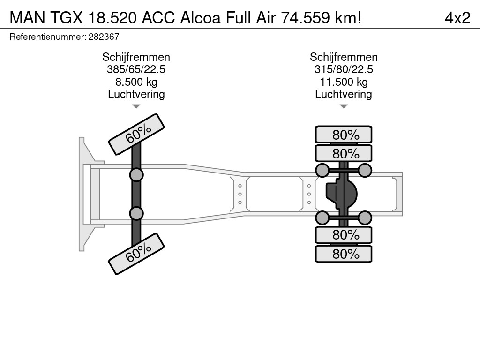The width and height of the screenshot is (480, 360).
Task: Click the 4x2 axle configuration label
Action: click(457, 18)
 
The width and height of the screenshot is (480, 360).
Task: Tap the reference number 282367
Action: click(104, 37)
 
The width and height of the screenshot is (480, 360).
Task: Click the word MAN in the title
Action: click(28, 18)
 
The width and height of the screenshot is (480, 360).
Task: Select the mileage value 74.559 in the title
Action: click(305, 18)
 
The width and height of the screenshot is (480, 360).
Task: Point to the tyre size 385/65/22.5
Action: click(136, 69)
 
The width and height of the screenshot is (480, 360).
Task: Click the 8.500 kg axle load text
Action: click(136, 82)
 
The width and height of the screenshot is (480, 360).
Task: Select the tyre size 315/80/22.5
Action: click(344, 69)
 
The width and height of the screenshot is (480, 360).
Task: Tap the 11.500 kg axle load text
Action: click(344, 82)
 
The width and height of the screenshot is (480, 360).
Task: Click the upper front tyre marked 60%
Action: click(136, 135)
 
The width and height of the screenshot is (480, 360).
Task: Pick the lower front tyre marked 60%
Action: click(136, 254)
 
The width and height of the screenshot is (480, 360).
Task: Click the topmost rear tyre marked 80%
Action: click(344, 135)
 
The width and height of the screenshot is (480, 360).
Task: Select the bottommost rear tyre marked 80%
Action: click(344, 254)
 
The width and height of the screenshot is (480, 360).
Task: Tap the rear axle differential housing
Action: click(341, 194)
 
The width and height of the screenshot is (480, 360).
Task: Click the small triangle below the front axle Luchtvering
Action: click(136, 106)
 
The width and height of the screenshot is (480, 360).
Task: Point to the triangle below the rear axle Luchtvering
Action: click(344, 106)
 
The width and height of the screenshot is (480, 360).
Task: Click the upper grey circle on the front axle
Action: click(136, 175)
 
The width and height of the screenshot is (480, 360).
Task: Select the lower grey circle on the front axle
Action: click(136, 213)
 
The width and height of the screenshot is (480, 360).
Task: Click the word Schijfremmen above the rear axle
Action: click(344, 57)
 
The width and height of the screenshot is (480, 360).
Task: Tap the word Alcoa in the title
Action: click(201, 18)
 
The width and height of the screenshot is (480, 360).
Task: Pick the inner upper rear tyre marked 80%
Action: click(344, 153)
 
